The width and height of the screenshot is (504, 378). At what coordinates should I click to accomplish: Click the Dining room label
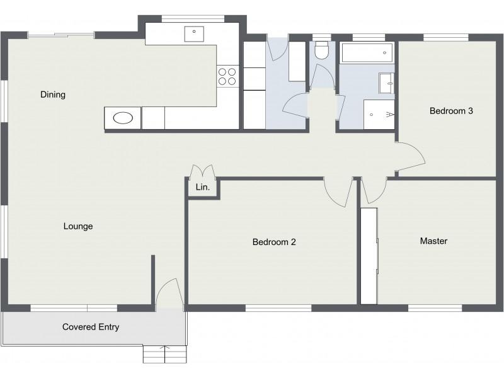click(x=53, y=95)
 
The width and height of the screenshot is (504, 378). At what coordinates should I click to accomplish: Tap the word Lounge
click(x=78, y=226)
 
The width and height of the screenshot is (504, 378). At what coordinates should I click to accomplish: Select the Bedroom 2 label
click(x=274, y=242)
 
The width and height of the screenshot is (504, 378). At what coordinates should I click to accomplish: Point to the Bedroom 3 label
click(x=451, y=111)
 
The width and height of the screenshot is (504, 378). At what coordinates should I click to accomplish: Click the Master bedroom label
click(x=433, y=241)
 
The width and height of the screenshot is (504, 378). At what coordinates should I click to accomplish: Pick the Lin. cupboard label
click(x=202, y=187)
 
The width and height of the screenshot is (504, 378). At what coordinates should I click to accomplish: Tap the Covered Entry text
click(x=91, y=327)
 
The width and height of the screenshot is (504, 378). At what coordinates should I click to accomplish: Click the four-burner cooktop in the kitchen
click(x=227, y=76)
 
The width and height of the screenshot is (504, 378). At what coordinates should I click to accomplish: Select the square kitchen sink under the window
click(x=195, y=33)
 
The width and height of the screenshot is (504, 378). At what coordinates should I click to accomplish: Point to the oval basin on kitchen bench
click(x=122, y=118)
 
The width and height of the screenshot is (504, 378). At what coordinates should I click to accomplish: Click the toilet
click(x=322, y=50)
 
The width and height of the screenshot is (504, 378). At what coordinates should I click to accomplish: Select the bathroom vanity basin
click(x=386, y=83)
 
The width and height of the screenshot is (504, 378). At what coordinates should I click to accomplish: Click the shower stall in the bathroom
click(x=379, y=114)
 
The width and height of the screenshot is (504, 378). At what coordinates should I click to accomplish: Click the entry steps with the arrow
click(x=165, y=354)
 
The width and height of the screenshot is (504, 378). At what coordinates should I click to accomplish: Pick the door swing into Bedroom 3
click(x=411, y=156)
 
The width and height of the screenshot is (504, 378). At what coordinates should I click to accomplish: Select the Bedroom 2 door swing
click(x=339, y=192)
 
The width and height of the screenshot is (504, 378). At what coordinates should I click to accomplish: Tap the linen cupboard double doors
click(x=203, y=171)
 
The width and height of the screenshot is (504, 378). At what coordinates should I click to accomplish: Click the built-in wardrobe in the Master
click(x=369, y=254)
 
